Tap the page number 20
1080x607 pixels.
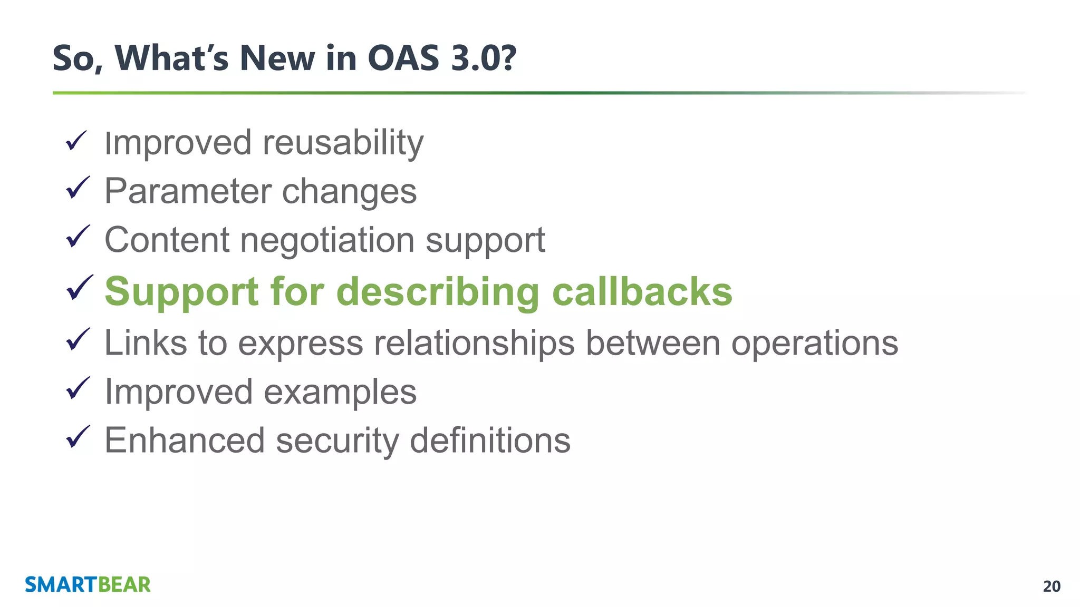[x=1052, y=586]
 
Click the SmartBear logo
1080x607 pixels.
[x=88, y=585]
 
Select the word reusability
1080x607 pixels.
[x=343, y=143]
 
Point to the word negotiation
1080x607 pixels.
[x=327, y=241]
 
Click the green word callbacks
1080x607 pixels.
[x=642, y=291]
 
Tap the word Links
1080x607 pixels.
[x=146, y=342]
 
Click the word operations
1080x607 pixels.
[x=814, y=344]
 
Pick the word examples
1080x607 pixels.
[x=340, y=393]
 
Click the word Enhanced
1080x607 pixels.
[x=185, y=440]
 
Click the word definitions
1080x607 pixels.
[x=490, y=440]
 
